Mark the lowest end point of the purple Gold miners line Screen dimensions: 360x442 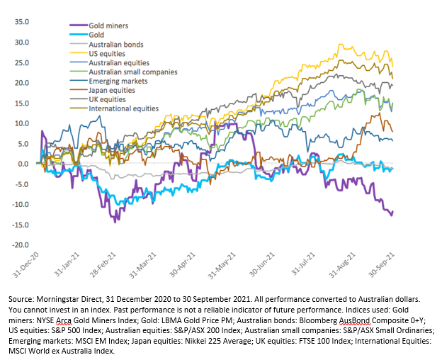click(391, 214)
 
